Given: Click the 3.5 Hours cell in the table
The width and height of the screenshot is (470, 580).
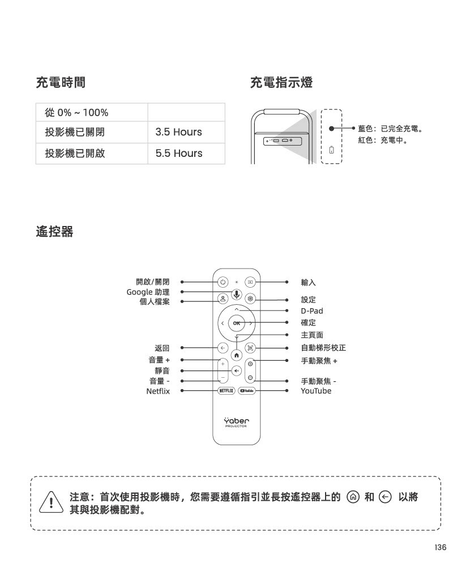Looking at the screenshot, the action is pos(186,132).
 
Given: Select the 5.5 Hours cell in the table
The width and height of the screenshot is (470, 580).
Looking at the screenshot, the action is pos(186,153).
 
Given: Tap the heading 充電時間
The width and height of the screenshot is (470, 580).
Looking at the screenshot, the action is pos(61,83).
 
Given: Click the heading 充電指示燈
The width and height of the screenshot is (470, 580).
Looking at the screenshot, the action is pos(281,83).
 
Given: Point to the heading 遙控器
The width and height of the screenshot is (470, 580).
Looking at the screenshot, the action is pos(55,232).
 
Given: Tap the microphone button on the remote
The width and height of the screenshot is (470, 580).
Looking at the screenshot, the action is pos(237,295).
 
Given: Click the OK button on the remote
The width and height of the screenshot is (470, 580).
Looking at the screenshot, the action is pos(236,323).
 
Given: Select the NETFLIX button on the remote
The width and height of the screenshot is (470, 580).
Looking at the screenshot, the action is pos(227,391).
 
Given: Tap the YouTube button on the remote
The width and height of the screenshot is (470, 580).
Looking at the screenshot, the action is pos(247,391).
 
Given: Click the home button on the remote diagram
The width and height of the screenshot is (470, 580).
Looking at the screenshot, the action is pos(237,356).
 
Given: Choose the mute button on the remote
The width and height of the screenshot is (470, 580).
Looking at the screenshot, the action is pos(237,370).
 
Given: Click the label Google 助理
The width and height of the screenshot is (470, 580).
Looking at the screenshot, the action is pos(148,292).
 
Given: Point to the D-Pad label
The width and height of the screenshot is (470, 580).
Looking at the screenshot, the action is pos(312,311).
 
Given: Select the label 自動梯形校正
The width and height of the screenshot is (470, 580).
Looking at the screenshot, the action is pos(323,348).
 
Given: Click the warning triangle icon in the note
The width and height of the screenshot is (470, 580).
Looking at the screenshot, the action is pos(51,502).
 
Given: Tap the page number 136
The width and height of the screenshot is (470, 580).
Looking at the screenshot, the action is pos(441,548).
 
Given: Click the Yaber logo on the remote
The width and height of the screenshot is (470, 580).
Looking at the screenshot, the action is pos(236,422).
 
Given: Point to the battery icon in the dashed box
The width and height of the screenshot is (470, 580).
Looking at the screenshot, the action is pos(331,150).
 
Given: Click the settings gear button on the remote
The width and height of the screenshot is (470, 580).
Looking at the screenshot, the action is pos(250,298).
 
